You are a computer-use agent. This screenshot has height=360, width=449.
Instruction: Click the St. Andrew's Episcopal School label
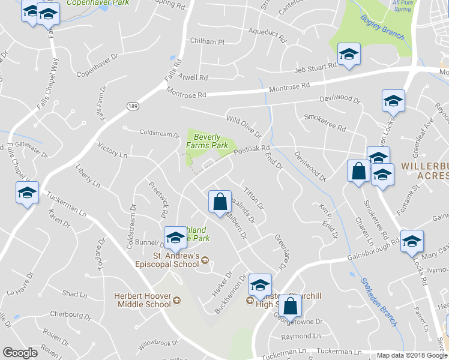coord(175,260)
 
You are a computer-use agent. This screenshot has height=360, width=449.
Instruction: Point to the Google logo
coord(20,353)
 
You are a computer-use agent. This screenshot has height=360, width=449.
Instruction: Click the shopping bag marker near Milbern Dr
coord(220,202)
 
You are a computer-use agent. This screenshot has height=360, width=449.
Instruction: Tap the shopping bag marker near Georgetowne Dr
coord(290,306)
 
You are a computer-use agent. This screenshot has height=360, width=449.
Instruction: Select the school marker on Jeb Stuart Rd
coord(348,55)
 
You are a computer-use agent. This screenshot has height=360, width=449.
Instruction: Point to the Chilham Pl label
coord(206,42)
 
